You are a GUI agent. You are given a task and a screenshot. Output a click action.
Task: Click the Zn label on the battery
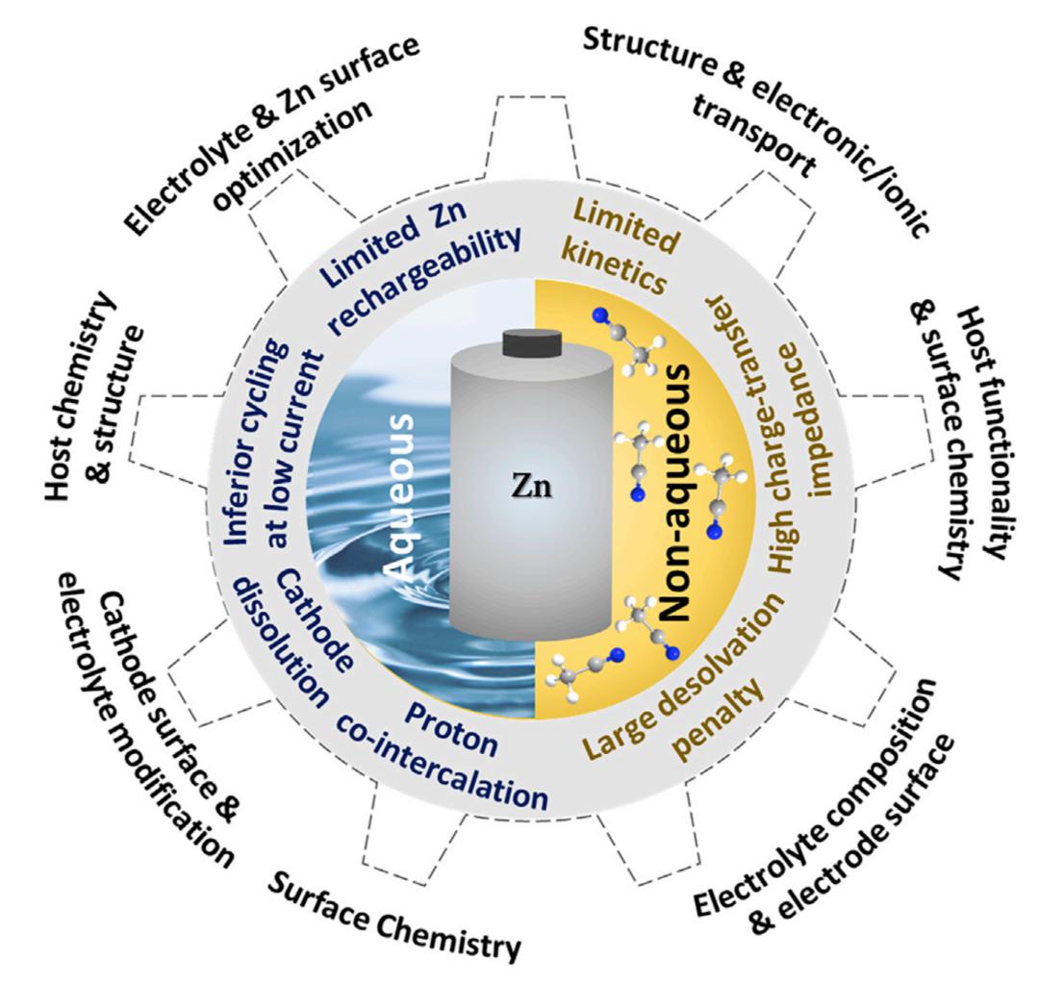point(531,488)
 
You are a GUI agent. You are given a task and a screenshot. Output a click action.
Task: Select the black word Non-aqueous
point(675,492)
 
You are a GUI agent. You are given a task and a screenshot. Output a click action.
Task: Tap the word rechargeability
point(424,278)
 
